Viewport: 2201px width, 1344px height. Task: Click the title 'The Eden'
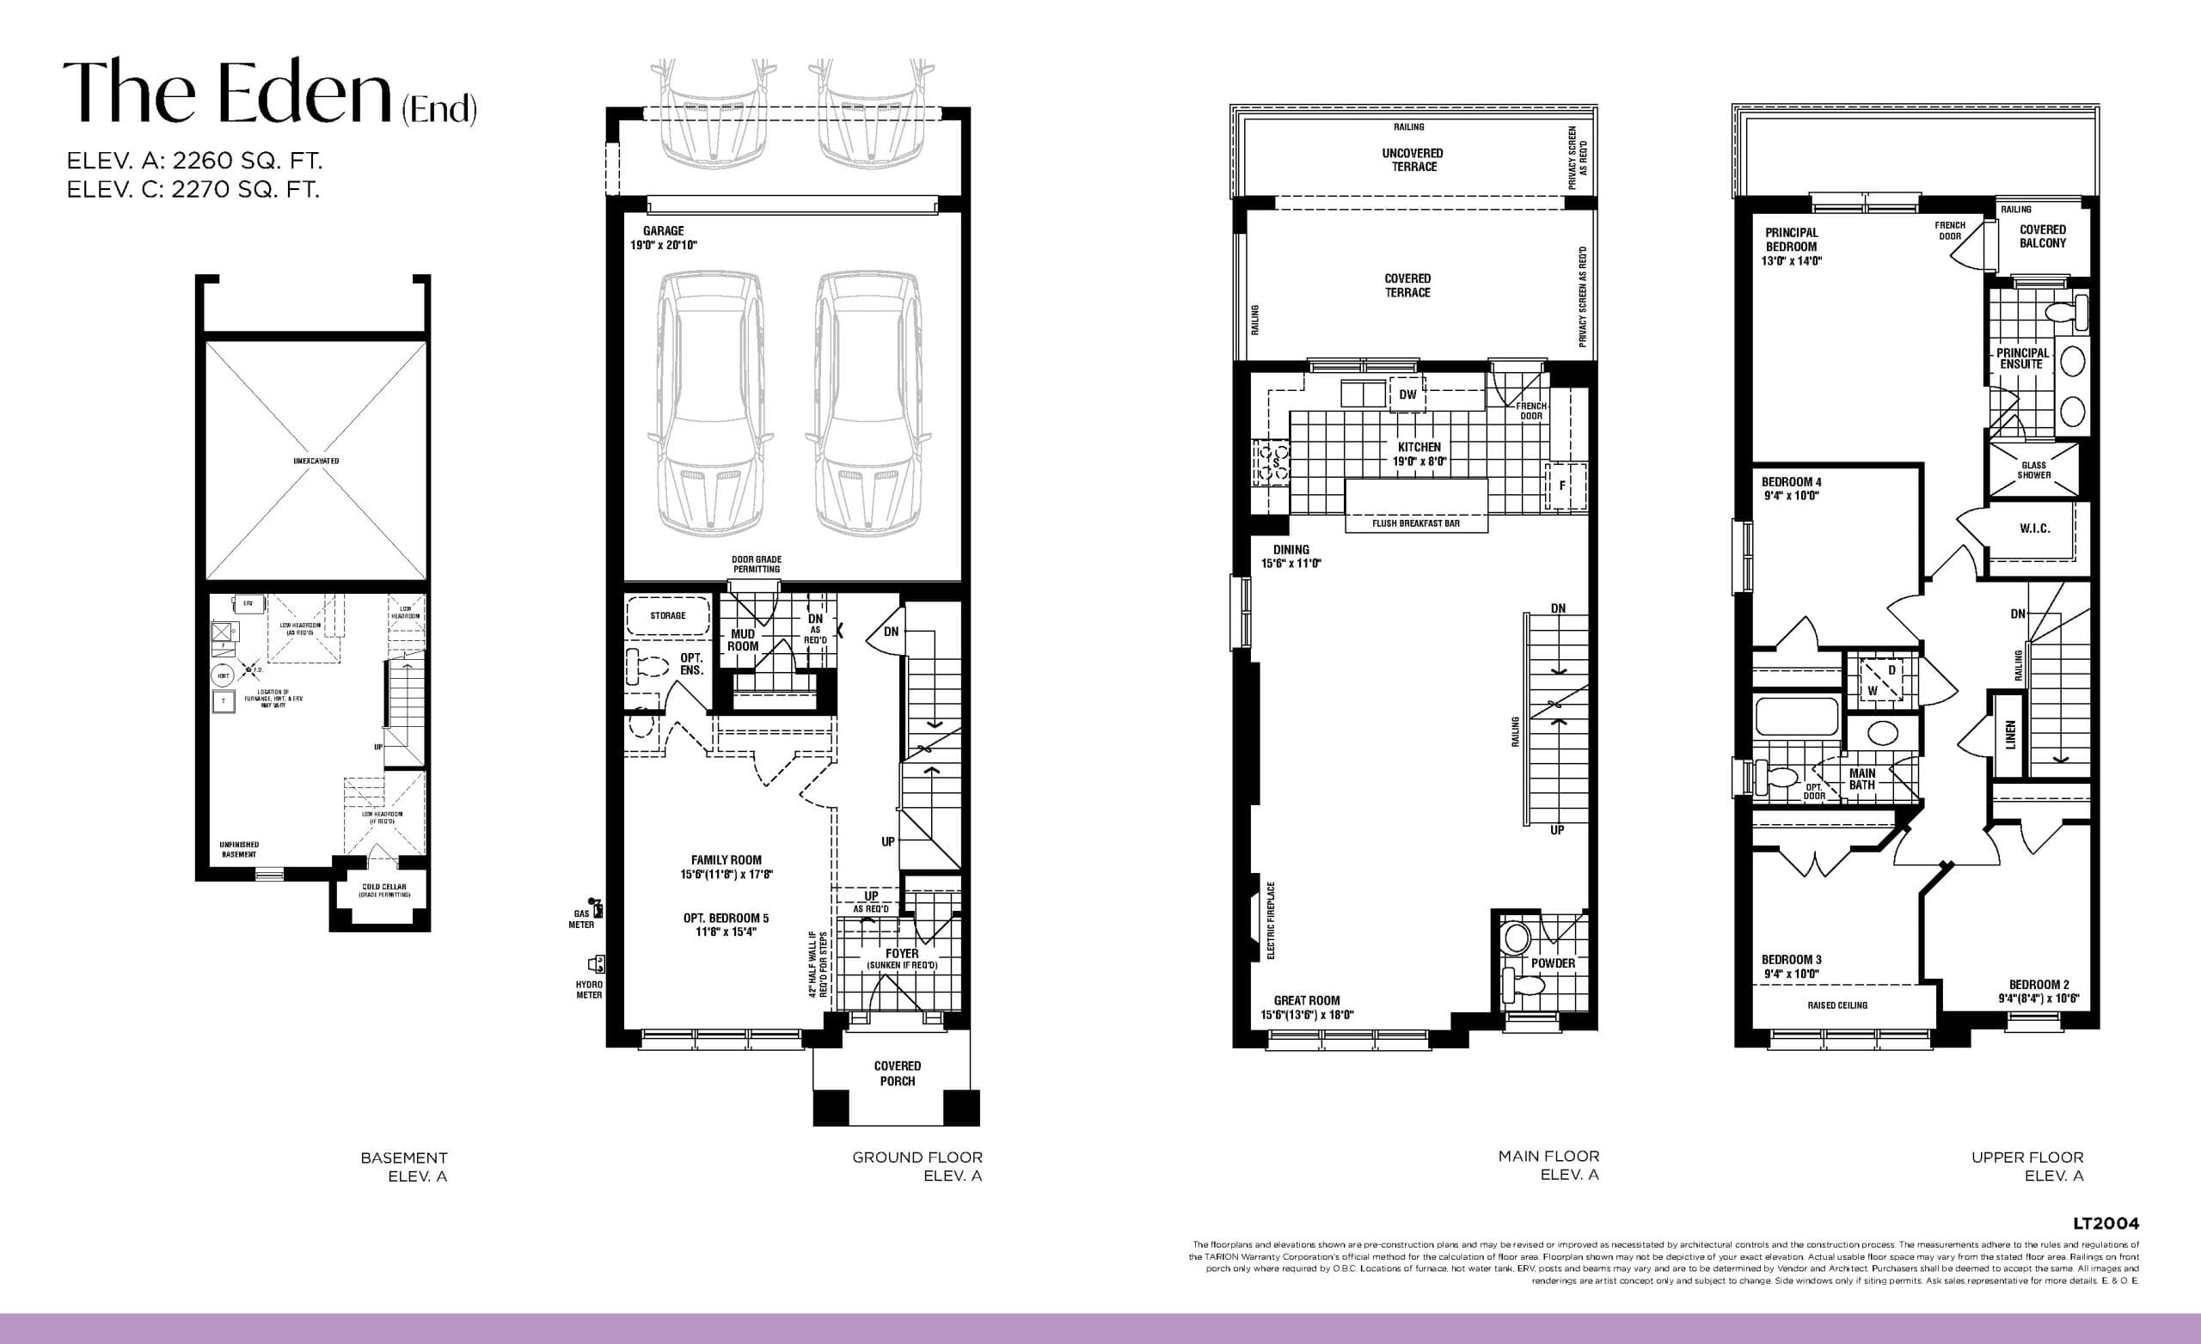tap(228, 93)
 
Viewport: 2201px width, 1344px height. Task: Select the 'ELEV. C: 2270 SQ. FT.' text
tap(193, 189)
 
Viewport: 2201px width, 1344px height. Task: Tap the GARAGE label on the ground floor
tap(663, 230)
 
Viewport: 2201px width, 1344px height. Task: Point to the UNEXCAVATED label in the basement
tap(316, 461)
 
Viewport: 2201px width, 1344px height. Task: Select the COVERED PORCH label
tap(897, 1072)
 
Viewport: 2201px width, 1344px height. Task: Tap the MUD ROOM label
tap(742, 639)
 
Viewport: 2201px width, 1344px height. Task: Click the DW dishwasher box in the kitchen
tap(1407, 394)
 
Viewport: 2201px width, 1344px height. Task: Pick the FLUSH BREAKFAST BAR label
tap(1416, 523)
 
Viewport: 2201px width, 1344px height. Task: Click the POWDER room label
tap(1554, 962)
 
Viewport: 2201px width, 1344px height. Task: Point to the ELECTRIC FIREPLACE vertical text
tap(1271, 920)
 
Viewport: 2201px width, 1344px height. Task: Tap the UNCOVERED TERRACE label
tap(1413, 160)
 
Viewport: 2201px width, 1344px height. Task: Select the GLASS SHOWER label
tap(2034, 470)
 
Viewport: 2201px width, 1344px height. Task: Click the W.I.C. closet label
tap(2035, 528)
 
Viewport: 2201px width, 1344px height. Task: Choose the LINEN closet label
tap(2010, 734)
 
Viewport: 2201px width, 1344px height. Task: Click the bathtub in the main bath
tap(1796, 716)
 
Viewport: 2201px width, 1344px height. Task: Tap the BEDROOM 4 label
tap(1791, 488)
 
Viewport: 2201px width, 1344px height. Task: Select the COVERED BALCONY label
tap(2042, 235)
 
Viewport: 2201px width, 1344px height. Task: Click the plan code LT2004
tap(2106, 1224)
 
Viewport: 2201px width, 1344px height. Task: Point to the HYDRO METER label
tap(589, 988)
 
